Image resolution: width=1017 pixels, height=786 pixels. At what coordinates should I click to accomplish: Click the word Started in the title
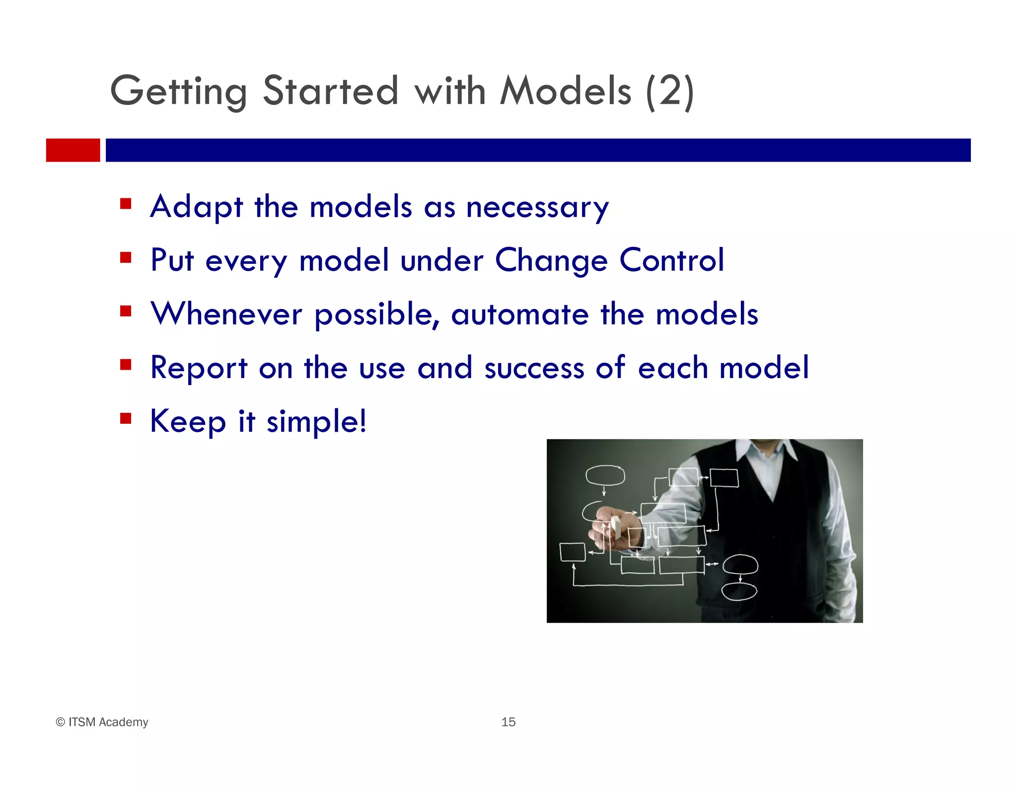tap(330, 91)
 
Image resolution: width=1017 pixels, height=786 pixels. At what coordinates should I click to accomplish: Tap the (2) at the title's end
tap(669, 92)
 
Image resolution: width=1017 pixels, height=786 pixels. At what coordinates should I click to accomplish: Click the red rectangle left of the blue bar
tap(73, 150)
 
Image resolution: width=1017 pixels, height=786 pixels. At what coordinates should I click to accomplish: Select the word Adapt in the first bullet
tap(197, 207)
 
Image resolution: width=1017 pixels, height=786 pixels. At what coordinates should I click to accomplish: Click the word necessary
tap(537, 208)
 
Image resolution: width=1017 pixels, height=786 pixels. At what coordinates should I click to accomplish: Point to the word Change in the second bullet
tap(551, 260)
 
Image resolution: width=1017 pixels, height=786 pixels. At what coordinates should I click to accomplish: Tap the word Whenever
tap(226, 314)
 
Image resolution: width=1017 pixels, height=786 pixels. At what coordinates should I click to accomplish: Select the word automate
tap(519, 314)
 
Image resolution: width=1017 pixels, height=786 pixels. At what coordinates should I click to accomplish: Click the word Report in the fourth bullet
tap(199, 368)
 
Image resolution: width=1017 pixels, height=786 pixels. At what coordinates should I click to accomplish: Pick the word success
tap(534, 368)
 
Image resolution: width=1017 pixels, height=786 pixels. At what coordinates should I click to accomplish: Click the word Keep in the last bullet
tap(188, 421)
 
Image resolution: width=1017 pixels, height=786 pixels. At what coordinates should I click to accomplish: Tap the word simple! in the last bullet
tap(316, 421)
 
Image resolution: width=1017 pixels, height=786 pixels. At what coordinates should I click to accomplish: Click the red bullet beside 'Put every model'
tap(126, 258)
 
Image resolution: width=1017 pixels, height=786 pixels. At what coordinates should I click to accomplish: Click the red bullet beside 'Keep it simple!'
tap(126, 419)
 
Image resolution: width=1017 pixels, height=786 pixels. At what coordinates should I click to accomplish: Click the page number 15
tap(508, 722)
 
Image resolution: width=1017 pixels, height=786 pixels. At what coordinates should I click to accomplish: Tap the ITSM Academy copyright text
tap(102, 722)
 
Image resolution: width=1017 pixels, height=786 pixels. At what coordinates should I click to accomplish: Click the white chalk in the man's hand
tap(616, 525)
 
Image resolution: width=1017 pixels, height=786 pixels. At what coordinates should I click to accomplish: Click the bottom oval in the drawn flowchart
tap(738, 591)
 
